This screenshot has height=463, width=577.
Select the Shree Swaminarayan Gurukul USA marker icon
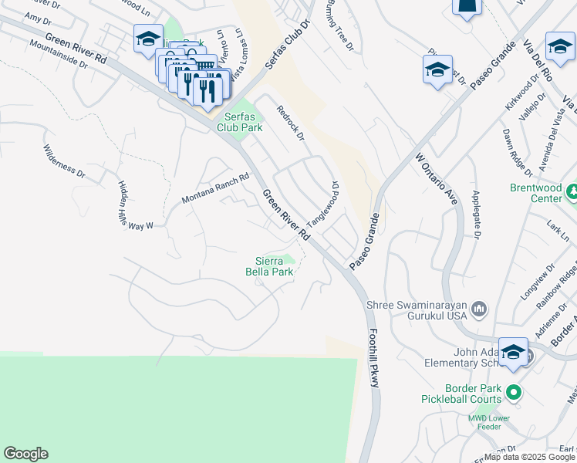480,310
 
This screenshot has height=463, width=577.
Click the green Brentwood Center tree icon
572,191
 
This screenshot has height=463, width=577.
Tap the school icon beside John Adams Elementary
513,353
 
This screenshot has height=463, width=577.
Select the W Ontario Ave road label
437,177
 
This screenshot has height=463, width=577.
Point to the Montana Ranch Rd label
215,188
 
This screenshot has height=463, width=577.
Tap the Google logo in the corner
25,454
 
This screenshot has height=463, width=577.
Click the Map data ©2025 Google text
530,457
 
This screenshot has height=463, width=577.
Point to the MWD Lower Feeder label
484,422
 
